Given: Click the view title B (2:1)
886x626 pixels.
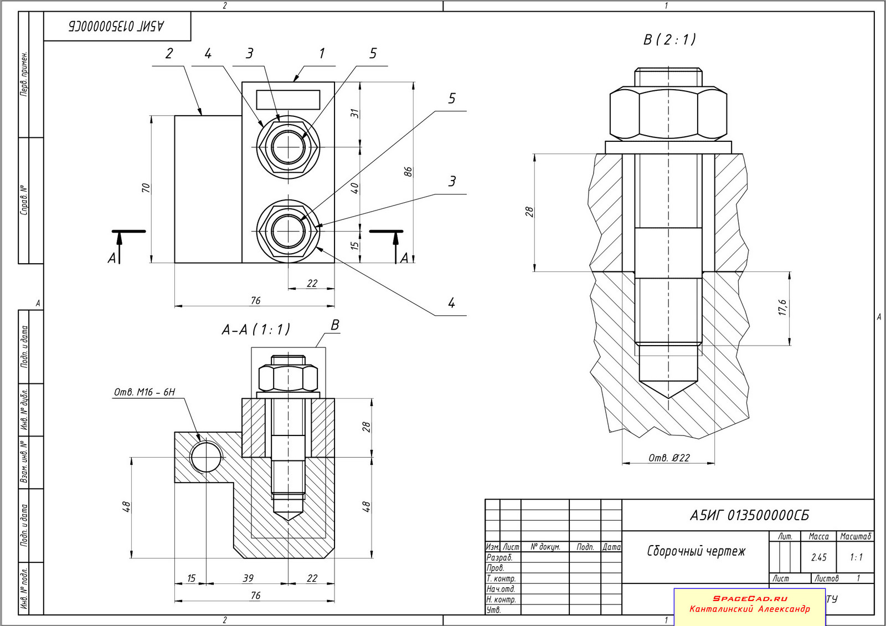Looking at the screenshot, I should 669,40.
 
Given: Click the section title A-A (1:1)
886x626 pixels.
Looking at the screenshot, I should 256,330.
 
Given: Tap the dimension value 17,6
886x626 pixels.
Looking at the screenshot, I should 782,308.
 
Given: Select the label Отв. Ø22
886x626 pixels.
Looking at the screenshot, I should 669,458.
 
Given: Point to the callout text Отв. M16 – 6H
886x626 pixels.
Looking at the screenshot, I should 145,392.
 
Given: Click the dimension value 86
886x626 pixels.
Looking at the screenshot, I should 408,172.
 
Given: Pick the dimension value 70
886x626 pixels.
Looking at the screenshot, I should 146,188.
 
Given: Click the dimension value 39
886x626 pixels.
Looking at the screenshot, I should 248,578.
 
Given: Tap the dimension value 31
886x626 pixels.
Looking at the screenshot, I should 355,114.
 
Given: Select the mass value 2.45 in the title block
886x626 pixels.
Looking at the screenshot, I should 818,557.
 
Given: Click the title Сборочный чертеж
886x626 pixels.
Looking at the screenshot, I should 696,551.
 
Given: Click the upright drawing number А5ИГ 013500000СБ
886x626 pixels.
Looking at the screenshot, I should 749,516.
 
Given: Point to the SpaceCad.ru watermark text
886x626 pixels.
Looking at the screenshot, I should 750,598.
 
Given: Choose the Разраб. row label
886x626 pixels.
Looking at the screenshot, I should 499,557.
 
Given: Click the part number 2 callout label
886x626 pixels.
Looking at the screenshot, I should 169,54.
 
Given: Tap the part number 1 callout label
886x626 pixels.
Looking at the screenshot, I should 322,54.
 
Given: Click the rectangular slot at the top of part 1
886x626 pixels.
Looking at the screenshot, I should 288,100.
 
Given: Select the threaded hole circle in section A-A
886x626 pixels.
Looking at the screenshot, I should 205,458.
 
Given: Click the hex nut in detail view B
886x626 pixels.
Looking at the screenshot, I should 668,113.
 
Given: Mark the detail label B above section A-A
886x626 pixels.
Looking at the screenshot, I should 334,325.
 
